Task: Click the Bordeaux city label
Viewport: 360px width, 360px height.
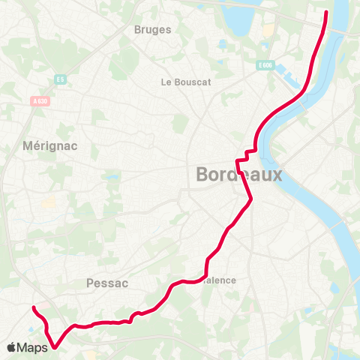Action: coord(238,175)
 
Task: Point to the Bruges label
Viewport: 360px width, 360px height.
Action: coord(152,30)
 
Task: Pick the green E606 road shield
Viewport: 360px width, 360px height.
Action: coord(263,65)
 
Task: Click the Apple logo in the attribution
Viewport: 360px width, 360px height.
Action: coord(12,348)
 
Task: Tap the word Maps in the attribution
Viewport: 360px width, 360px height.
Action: coord(33,348)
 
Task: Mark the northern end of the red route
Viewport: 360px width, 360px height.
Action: coord(326,12)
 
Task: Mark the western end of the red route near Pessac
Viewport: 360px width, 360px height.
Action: coord(33,307)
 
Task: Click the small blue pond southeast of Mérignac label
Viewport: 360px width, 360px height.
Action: coord(112,178)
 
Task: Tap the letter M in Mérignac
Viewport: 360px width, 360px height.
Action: coord(28,145)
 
